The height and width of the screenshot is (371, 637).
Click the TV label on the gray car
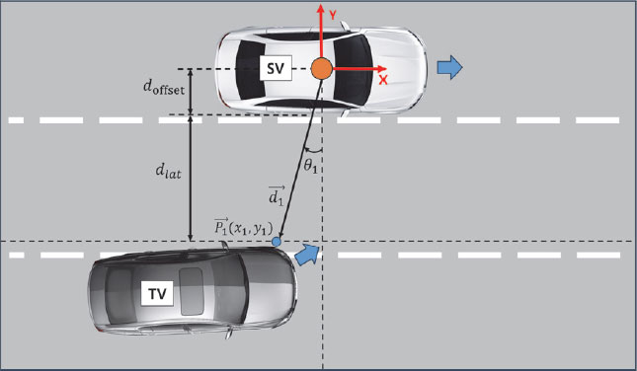pos(157,294)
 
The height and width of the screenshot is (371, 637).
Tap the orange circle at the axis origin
pos(322,69)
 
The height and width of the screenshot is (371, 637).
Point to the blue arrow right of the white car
pos(450,66)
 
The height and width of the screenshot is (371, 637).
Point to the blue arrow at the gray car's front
pos(307,256)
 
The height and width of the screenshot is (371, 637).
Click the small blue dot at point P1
pos(277,240)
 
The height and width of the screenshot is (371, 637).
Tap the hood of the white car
pos(400,67)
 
